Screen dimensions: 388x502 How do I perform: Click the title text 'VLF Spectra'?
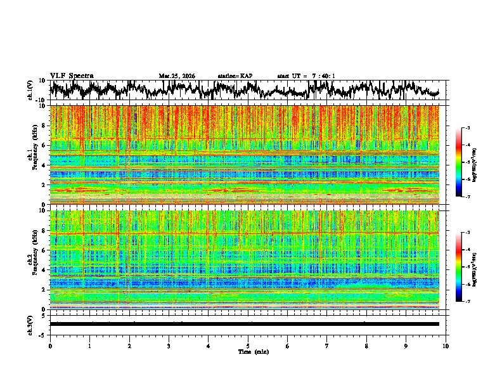tap(72, 75)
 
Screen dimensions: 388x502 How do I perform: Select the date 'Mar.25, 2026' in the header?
tap(177, 76)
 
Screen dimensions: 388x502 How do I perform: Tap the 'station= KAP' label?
tap(235, 76)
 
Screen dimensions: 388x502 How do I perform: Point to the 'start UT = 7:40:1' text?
tap(306, 76)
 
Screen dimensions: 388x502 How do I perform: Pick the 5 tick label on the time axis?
tap(248, 346)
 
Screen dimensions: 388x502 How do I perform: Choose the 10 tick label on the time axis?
tap(446, 346)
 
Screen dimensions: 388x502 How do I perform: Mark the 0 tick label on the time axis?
tap(50, 346)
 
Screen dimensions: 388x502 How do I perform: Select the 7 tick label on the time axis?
tap(327, 346)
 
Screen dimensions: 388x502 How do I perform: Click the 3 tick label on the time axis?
tap(169, 346)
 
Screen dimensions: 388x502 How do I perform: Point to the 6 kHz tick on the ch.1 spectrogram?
tap(45, 145)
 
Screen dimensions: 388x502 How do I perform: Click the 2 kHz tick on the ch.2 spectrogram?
tap(45, 289)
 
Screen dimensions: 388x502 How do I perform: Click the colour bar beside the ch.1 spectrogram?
tap(459, 162)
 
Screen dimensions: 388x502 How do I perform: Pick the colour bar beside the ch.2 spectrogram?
tap(459, 267)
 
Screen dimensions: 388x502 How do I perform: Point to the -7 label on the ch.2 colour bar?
tap(467, 302)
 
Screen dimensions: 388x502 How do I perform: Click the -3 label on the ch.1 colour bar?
tap(467, 128)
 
